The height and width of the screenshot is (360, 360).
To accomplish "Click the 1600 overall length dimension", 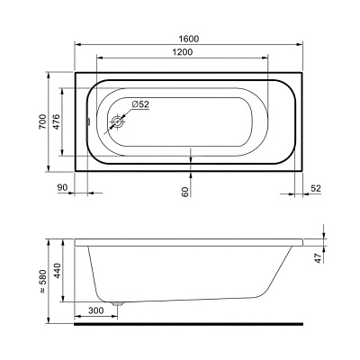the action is [188, 39].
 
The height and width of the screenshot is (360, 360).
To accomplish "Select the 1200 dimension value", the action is [183, 52].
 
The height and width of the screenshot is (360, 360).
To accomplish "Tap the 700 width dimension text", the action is [43, 121].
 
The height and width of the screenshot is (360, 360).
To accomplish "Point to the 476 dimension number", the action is [57, 121].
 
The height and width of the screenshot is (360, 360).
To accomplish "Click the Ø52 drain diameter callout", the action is [140, 104].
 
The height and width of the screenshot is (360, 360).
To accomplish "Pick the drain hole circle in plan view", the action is [118, 121].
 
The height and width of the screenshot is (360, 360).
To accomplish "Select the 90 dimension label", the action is [62, 188].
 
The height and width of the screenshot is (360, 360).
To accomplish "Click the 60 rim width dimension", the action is [185, 192].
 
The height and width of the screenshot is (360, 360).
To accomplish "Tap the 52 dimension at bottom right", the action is [316, 188].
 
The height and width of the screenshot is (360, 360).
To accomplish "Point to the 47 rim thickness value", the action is [318, 257].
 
